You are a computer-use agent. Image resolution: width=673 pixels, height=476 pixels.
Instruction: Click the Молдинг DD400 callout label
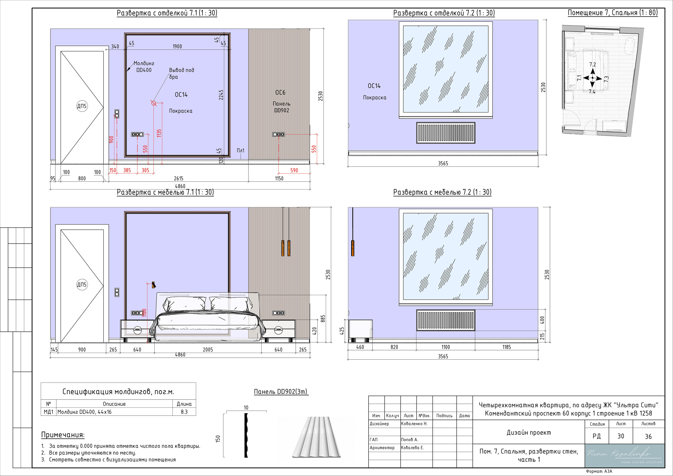[x=144, y=66]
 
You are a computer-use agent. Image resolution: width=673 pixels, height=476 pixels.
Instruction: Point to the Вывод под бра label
[x=181, y=73]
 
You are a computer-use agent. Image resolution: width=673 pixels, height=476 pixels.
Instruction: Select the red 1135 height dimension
[x=159, y=133]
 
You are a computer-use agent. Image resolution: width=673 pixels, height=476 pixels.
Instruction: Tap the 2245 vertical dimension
[x=221, y=95]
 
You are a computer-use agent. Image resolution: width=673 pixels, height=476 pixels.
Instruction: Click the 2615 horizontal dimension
[x=179, y=178]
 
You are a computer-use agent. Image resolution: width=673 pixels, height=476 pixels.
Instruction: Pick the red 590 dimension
[x=294, y=170]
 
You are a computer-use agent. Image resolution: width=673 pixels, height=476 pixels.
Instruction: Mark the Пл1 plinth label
[x=240, y=150]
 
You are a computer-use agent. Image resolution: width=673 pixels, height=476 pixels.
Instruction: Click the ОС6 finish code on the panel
[x=280, y=92]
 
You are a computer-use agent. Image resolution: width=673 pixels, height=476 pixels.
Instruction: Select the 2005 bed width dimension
[x=208, y=349]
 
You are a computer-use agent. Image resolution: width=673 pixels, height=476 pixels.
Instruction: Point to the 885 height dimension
[x=323, y=319]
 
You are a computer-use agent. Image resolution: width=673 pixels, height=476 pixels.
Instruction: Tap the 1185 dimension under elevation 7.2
[x=507, y=347]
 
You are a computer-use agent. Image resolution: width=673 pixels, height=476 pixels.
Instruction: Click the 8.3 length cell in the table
[x=184, y=412]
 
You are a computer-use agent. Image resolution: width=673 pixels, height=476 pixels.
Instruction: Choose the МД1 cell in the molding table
[x=48, y=412]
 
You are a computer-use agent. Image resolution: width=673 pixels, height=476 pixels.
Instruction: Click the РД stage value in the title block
[x=596, y=436]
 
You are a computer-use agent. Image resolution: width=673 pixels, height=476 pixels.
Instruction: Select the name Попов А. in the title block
[x=410, y=440]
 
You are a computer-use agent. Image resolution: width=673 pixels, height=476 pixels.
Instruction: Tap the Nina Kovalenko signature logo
[x=625, y=455]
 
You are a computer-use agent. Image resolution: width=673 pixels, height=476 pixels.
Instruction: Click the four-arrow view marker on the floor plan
[x=592, y=78]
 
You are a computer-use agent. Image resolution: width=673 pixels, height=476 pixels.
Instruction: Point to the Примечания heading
[x=63, y=435]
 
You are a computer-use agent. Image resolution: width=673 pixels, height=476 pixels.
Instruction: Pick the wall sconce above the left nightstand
[x=153, y=285]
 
